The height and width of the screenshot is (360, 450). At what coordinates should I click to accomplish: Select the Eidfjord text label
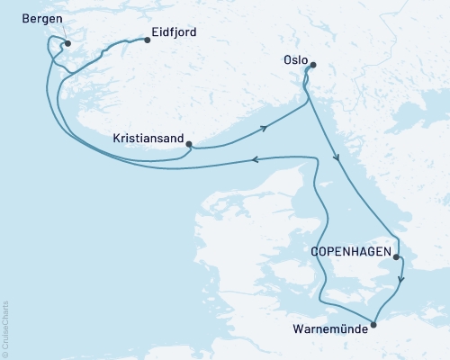(175, 32)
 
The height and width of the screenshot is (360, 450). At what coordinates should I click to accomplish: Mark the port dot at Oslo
(313, 64)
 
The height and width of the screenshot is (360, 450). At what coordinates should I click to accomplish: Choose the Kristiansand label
(148, 139)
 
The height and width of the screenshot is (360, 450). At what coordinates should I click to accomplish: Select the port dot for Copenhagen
(397, 256)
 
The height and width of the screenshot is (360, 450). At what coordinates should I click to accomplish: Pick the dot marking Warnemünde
(374, 325)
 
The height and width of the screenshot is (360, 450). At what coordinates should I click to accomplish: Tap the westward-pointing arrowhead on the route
(256, 160)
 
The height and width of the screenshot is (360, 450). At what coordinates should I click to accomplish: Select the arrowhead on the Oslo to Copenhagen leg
(337, 159)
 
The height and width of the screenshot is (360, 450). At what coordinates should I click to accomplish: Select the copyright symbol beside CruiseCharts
(5, 353)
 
